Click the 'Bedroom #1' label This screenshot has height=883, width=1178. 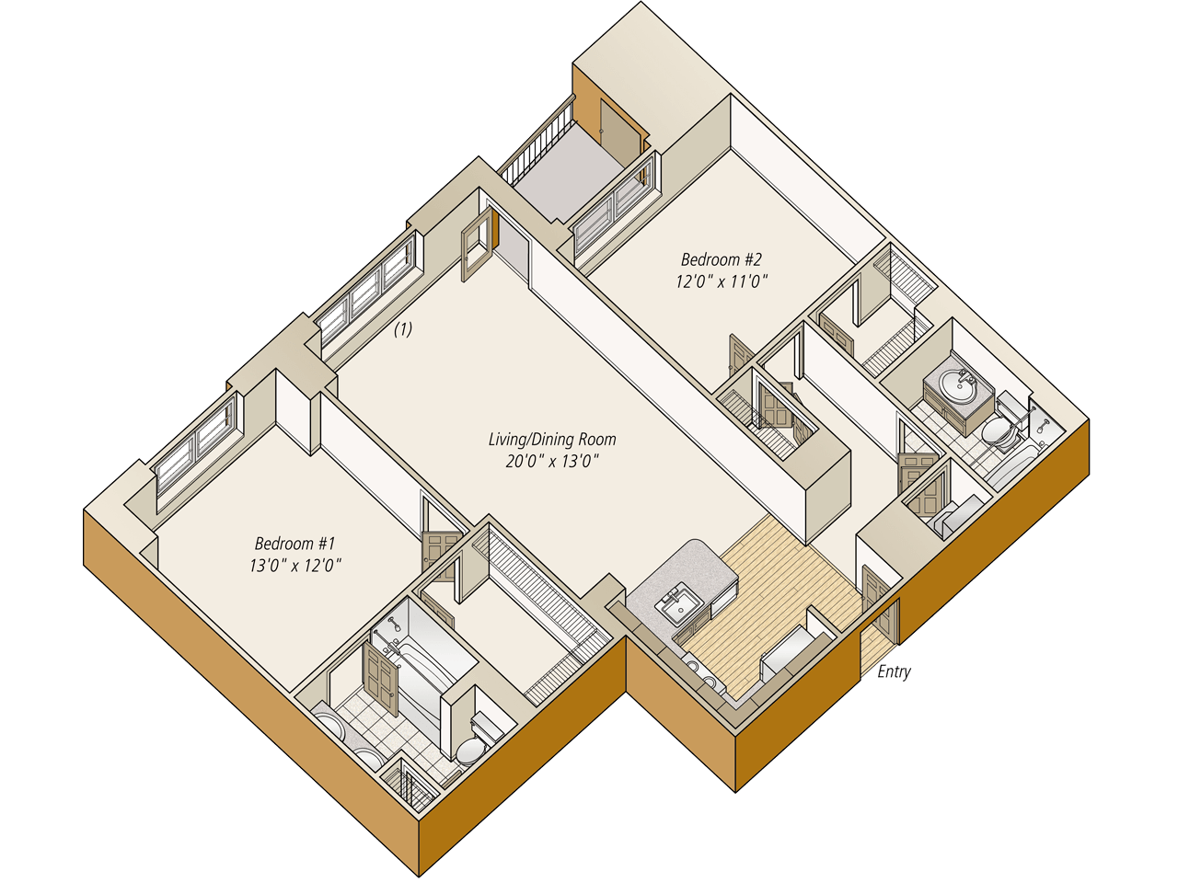[x=295, y=544]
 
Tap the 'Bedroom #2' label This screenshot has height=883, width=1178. [x=721, y=259]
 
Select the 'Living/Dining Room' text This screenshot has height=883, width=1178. [x=551, y=440]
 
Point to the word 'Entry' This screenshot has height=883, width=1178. [x=893, y=671]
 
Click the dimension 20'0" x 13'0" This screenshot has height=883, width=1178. [x=551, y=461]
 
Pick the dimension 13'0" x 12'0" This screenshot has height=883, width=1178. [x=295, y=565]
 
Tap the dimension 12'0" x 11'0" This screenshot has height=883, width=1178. [x=721, y=281]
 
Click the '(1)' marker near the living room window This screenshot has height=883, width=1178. [x=403, y=329]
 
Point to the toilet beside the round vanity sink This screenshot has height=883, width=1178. [x=996, y=430]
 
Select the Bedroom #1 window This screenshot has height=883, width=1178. [x=194, y=448]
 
